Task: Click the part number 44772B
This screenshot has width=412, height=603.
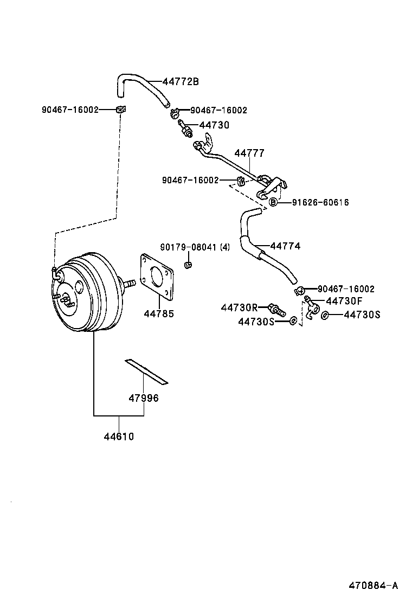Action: [x=181, y=82]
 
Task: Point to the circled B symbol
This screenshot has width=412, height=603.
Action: [x=274, y=202]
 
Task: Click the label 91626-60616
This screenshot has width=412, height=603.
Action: [x=320, y=202]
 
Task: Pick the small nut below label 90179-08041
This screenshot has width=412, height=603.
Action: [x=188, y=265]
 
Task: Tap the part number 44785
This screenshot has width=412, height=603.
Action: [x=158, y=313]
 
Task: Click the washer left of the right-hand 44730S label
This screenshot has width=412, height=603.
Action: [x=325, y=315]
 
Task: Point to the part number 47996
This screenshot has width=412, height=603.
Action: [x=143, y=399]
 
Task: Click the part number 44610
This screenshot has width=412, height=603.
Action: [x=119, y=436]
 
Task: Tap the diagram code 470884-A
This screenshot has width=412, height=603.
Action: [x=373, y=585]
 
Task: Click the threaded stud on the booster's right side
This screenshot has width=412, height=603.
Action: [x=128, y=284]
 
